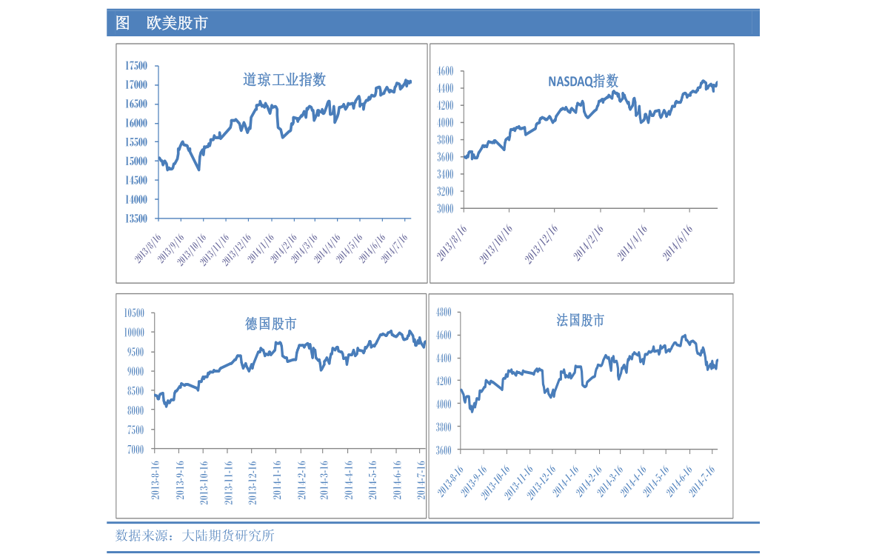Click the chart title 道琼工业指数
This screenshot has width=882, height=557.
284,79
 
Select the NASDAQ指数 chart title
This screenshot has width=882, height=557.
583,81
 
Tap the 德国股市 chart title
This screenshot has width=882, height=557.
271,324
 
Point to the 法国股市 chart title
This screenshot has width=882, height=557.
581,320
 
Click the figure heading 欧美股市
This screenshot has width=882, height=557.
177,24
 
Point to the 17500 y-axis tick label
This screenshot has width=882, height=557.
136,66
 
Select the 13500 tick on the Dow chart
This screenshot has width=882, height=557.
136,219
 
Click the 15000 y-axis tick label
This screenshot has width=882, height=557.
136,161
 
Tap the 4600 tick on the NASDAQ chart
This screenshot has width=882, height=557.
445,71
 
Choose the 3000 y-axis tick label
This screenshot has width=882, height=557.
445,209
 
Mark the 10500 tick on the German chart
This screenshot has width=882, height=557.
133,313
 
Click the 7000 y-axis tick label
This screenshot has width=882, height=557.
136,449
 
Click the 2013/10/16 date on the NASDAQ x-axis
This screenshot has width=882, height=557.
495,244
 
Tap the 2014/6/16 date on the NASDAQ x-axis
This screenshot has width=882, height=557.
676,243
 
